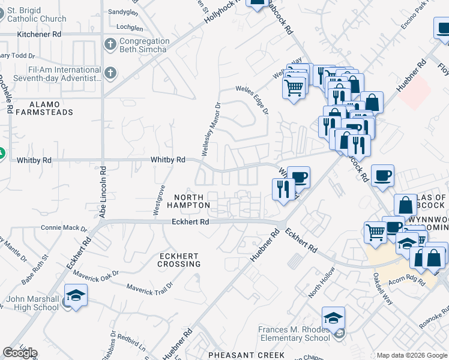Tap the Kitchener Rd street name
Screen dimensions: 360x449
pos(39,34)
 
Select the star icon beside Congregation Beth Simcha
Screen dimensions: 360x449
pos(110,44)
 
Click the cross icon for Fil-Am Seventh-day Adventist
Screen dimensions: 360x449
pos(110,73)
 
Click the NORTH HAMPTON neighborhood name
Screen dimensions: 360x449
pos(188,201)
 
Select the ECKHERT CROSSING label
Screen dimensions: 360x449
pos(178,260)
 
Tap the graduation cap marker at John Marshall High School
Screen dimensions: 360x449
pos(76,296)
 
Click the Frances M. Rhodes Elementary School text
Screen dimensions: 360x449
pos(294,334)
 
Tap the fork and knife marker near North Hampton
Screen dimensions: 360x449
pos(283,188)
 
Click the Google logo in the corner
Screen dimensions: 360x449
pos(20,353)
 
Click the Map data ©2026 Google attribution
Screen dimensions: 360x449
pos(412,355)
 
